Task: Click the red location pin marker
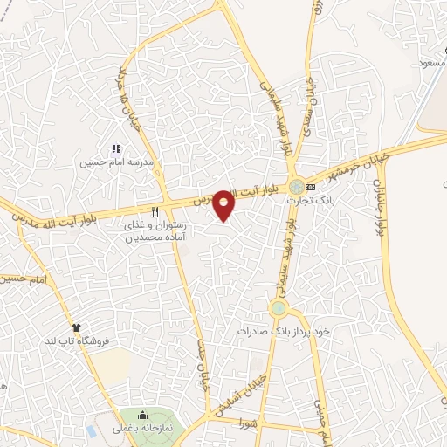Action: (224, 204)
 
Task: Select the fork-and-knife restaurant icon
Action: (155, 210)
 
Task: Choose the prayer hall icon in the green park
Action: (142, 414)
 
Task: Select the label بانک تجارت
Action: (312, 200)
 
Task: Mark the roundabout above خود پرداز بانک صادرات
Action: (278, 307)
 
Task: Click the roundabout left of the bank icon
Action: (298, 186)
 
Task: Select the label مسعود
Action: (432, 64)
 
